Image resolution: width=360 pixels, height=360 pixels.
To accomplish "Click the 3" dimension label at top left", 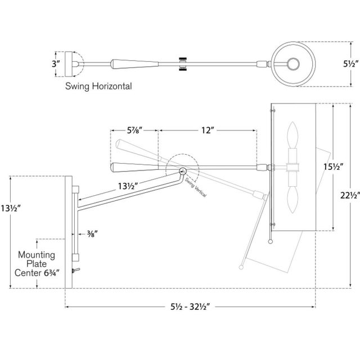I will click(x=55, y=64).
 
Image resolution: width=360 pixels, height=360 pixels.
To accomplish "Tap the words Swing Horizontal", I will click(x=98, y=87).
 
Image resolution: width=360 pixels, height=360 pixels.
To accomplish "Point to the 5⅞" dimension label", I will click(x=134, y=130).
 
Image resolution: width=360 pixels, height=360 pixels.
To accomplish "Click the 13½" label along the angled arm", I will click(x=130, y=184).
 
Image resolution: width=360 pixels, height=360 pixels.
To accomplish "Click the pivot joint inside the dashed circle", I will click(x=182, y=171).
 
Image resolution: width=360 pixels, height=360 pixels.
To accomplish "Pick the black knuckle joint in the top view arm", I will click(x=182, y=64).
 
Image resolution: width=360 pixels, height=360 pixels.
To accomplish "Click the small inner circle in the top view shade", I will click(x=294, y=64).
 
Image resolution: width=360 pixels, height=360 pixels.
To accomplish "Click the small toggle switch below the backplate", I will click(x=78, y=272).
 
